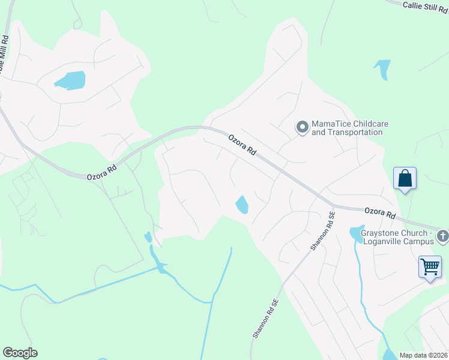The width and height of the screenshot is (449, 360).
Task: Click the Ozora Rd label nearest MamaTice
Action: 243,145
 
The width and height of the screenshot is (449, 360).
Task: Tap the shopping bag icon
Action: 405,178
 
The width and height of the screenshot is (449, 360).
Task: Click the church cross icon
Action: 442,235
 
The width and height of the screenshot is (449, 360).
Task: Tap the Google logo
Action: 20,353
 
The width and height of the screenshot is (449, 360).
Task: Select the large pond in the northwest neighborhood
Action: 70,80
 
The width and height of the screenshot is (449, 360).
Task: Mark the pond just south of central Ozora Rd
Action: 242,205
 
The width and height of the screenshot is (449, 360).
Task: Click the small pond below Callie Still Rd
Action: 382,67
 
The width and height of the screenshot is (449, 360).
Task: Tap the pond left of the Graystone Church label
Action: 356,233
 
